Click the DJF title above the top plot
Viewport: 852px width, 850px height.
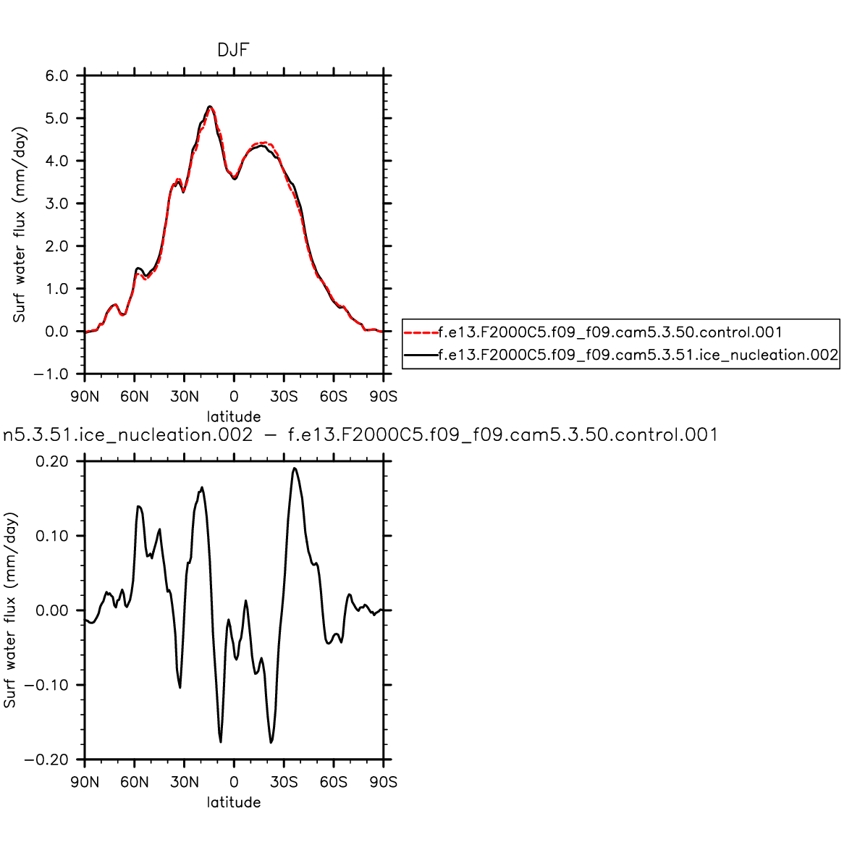click(234, 50)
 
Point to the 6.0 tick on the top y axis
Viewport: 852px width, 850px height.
click(56, 76)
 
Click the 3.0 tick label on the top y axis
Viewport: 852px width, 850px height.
click(56, 203)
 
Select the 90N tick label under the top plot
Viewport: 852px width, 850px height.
click(85, 396)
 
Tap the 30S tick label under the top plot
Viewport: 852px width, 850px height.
click(284, 396)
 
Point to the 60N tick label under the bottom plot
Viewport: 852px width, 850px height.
click(135, 782)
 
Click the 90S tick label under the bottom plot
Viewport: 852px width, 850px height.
click(383, 782)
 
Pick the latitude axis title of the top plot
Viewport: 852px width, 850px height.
click(234, 417)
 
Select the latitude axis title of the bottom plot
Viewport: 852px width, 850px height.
click(234, 802)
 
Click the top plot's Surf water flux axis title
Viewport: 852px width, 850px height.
click(20, 224)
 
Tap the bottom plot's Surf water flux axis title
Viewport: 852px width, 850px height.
click(10, 610)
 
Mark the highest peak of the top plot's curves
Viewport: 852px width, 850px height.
click(210, 106)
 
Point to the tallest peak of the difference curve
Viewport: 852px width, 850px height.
click(294, 468)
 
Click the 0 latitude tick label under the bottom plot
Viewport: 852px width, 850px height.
click(234, 782)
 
